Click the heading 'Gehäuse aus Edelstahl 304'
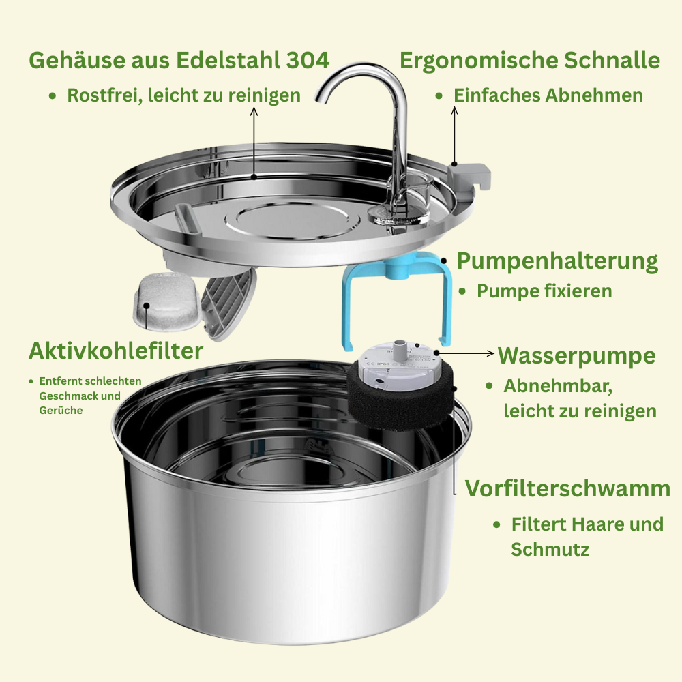(x=179, y=60)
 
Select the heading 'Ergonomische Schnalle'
(x=529, y=60)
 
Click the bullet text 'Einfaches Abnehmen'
(x=548, y=95)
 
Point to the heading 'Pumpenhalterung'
(x=557, y=261)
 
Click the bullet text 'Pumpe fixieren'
(x=544, y=291)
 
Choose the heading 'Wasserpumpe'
(x=576, y=355)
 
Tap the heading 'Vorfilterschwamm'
(x=567, y=488)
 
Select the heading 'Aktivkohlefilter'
(x=116, y=351)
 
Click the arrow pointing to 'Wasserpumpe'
(x=477, y=353)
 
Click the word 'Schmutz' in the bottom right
(x=550, y=549)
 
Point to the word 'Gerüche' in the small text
(x=61, y=410)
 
